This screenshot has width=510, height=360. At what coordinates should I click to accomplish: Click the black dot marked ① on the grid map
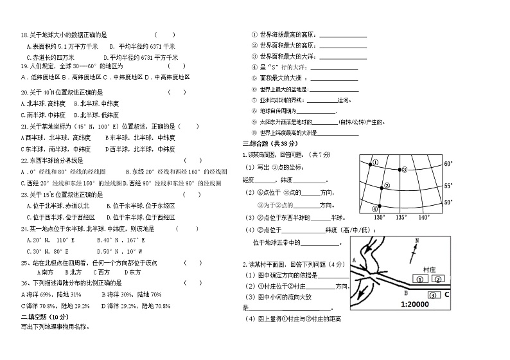tap(371, 165)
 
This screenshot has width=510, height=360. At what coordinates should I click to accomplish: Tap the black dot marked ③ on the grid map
tap(399, 170)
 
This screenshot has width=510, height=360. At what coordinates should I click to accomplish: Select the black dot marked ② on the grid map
tap(381, 187)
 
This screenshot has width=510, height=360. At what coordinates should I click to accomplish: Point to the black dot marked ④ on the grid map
tap(379, 206)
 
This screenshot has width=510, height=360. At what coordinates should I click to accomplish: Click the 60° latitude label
tap(448, 164)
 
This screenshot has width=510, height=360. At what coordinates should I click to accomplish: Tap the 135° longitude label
tap(401, 217)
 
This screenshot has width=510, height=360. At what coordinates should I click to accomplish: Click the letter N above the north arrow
tap(416, 241)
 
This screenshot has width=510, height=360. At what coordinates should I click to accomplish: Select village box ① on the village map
tap(419, 279)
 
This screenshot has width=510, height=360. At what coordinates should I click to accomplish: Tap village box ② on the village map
tap(438, 279)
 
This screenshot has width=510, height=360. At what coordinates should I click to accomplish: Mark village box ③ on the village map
tap(433, 294)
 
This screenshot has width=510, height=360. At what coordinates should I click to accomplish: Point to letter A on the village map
tap(353, 260)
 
